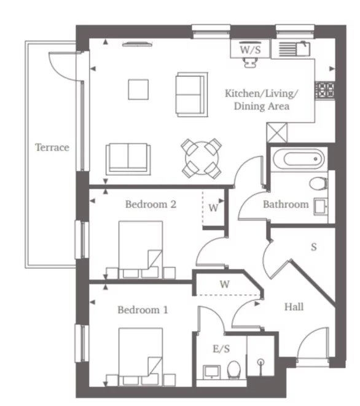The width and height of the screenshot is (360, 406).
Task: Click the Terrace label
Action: pos(52,147)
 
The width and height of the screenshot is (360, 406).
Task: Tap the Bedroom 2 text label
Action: pos(151,204)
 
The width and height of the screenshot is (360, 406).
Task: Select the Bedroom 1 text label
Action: pos(143,310)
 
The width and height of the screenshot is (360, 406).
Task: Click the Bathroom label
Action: pos(286,204)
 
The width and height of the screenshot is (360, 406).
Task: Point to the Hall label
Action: pos(294,306)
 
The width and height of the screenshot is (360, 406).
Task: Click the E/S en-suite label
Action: pos(221,349)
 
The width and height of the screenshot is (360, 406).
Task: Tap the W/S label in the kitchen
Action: pos(249,49)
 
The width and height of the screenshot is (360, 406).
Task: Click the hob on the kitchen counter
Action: pos(324,90)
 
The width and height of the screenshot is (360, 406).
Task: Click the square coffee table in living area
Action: pos(138,89)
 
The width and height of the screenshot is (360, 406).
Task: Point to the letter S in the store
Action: pos(313,248)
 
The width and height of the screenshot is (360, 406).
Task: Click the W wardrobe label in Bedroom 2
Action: pos(213,208)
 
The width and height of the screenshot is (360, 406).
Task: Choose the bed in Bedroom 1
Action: pos(141,356)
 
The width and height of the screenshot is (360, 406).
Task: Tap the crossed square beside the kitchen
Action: pos(277,133)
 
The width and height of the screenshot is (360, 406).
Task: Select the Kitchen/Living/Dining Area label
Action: pos(261,100)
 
